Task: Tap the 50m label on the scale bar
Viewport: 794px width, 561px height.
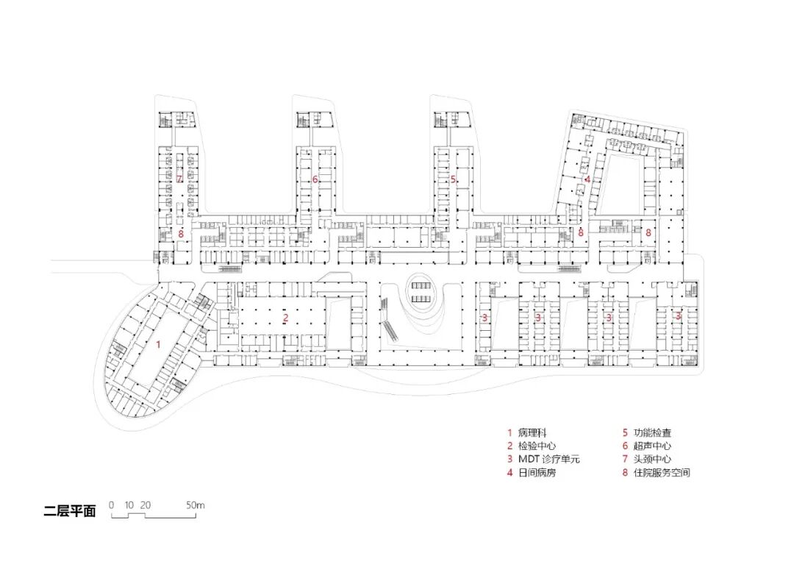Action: tap(195, 505)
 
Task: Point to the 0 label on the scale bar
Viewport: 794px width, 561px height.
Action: tap(111, 505)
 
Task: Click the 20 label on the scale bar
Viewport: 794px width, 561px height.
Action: tap(146, 505)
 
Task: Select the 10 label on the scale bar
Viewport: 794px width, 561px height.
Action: tap(129, 505)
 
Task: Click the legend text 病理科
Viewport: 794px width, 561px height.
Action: tap(532, 433)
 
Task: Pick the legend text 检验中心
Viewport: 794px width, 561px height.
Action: tap(537, 446)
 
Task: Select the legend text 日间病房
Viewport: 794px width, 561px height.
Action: tap(537, 473)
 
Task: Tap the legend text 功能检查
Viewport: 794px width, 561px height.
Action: tap(653, 433)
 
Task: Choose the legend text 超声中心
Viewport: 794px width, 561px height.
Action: tap(653, 446)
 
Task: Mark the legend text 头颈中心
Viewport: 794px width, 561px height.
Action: tap(653, 460)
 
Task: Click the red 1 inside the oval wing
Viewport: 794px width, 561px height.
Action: tap(157, 343)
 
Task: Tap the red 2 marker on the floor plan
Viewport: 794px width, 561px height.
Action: tap(285, 318)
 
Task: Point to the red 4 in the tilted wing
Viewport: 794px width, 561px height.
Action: tap(587, 179)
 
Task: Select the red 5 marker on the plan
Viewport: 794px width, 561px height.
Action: tap(453, 179)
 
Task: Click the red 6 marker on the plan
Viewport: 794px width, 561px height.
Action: tap(315, 179)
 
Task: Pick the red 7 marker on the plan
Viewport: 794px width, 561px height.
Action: tap(179, 179)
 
